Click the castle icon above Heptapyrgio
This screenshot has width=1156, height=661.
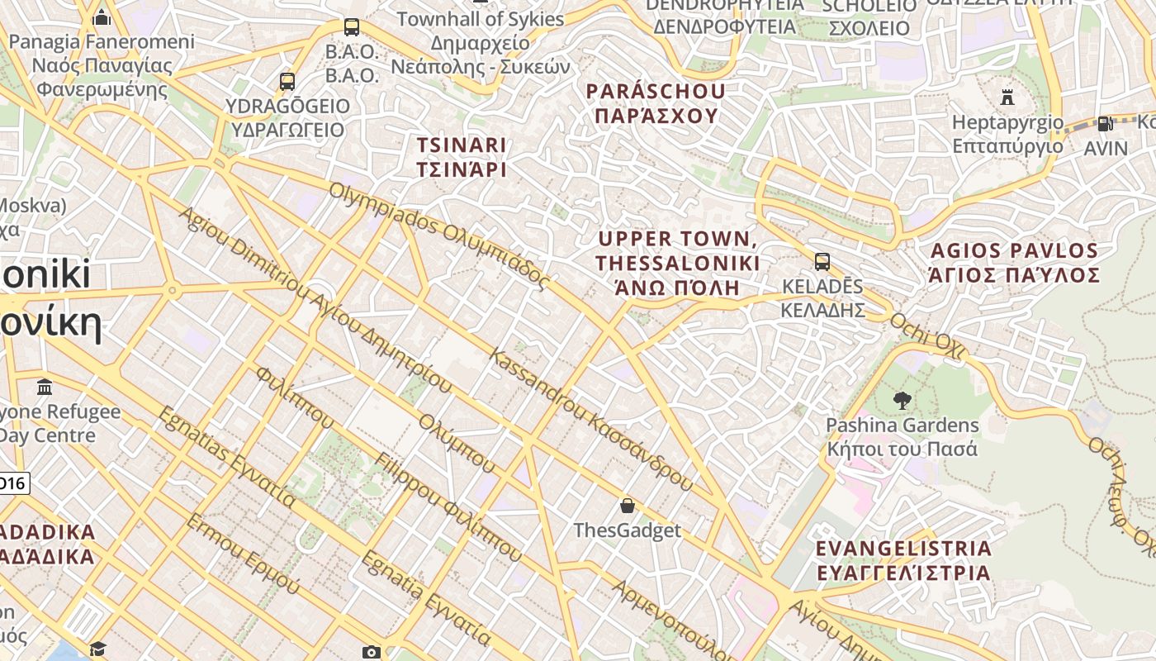pyautogui.click(x=1007, y=97)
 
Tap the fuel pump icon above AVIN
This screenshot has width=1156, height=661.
pyautogui.click(x=1105, y=124)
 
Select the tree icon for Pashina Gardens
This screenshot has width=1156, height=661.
pyautogui.click(x=902, y=401)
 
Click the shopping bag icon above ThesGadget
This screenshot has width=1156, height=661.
pyautogui.click(x=628, y=506)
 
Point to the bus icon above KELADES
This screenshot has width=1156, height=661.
pyautogui.click(x=822, y=262)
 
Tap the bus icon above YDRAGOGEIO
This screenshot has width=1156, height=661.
pyautogui.click(x=287, y=82)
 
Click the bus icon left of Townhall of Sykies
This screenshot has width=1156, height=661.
pyautogui.click(x=352, y=27)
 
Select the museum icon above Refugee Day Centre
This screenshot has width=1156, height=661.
pyautogui.click(x=45, y=387)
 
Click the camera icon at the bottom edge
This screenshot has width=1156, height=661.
pyautogui.click(x=372, y=653)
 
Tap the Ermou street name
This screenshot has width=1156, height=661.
pyautogui.click(x=243, y=554)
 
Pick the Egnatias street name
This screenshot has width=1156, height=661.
pyautogui.click(x=226, y=456)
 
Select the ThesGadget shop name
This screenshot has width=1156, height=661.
pyautogui.click(x=628, y=530)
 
